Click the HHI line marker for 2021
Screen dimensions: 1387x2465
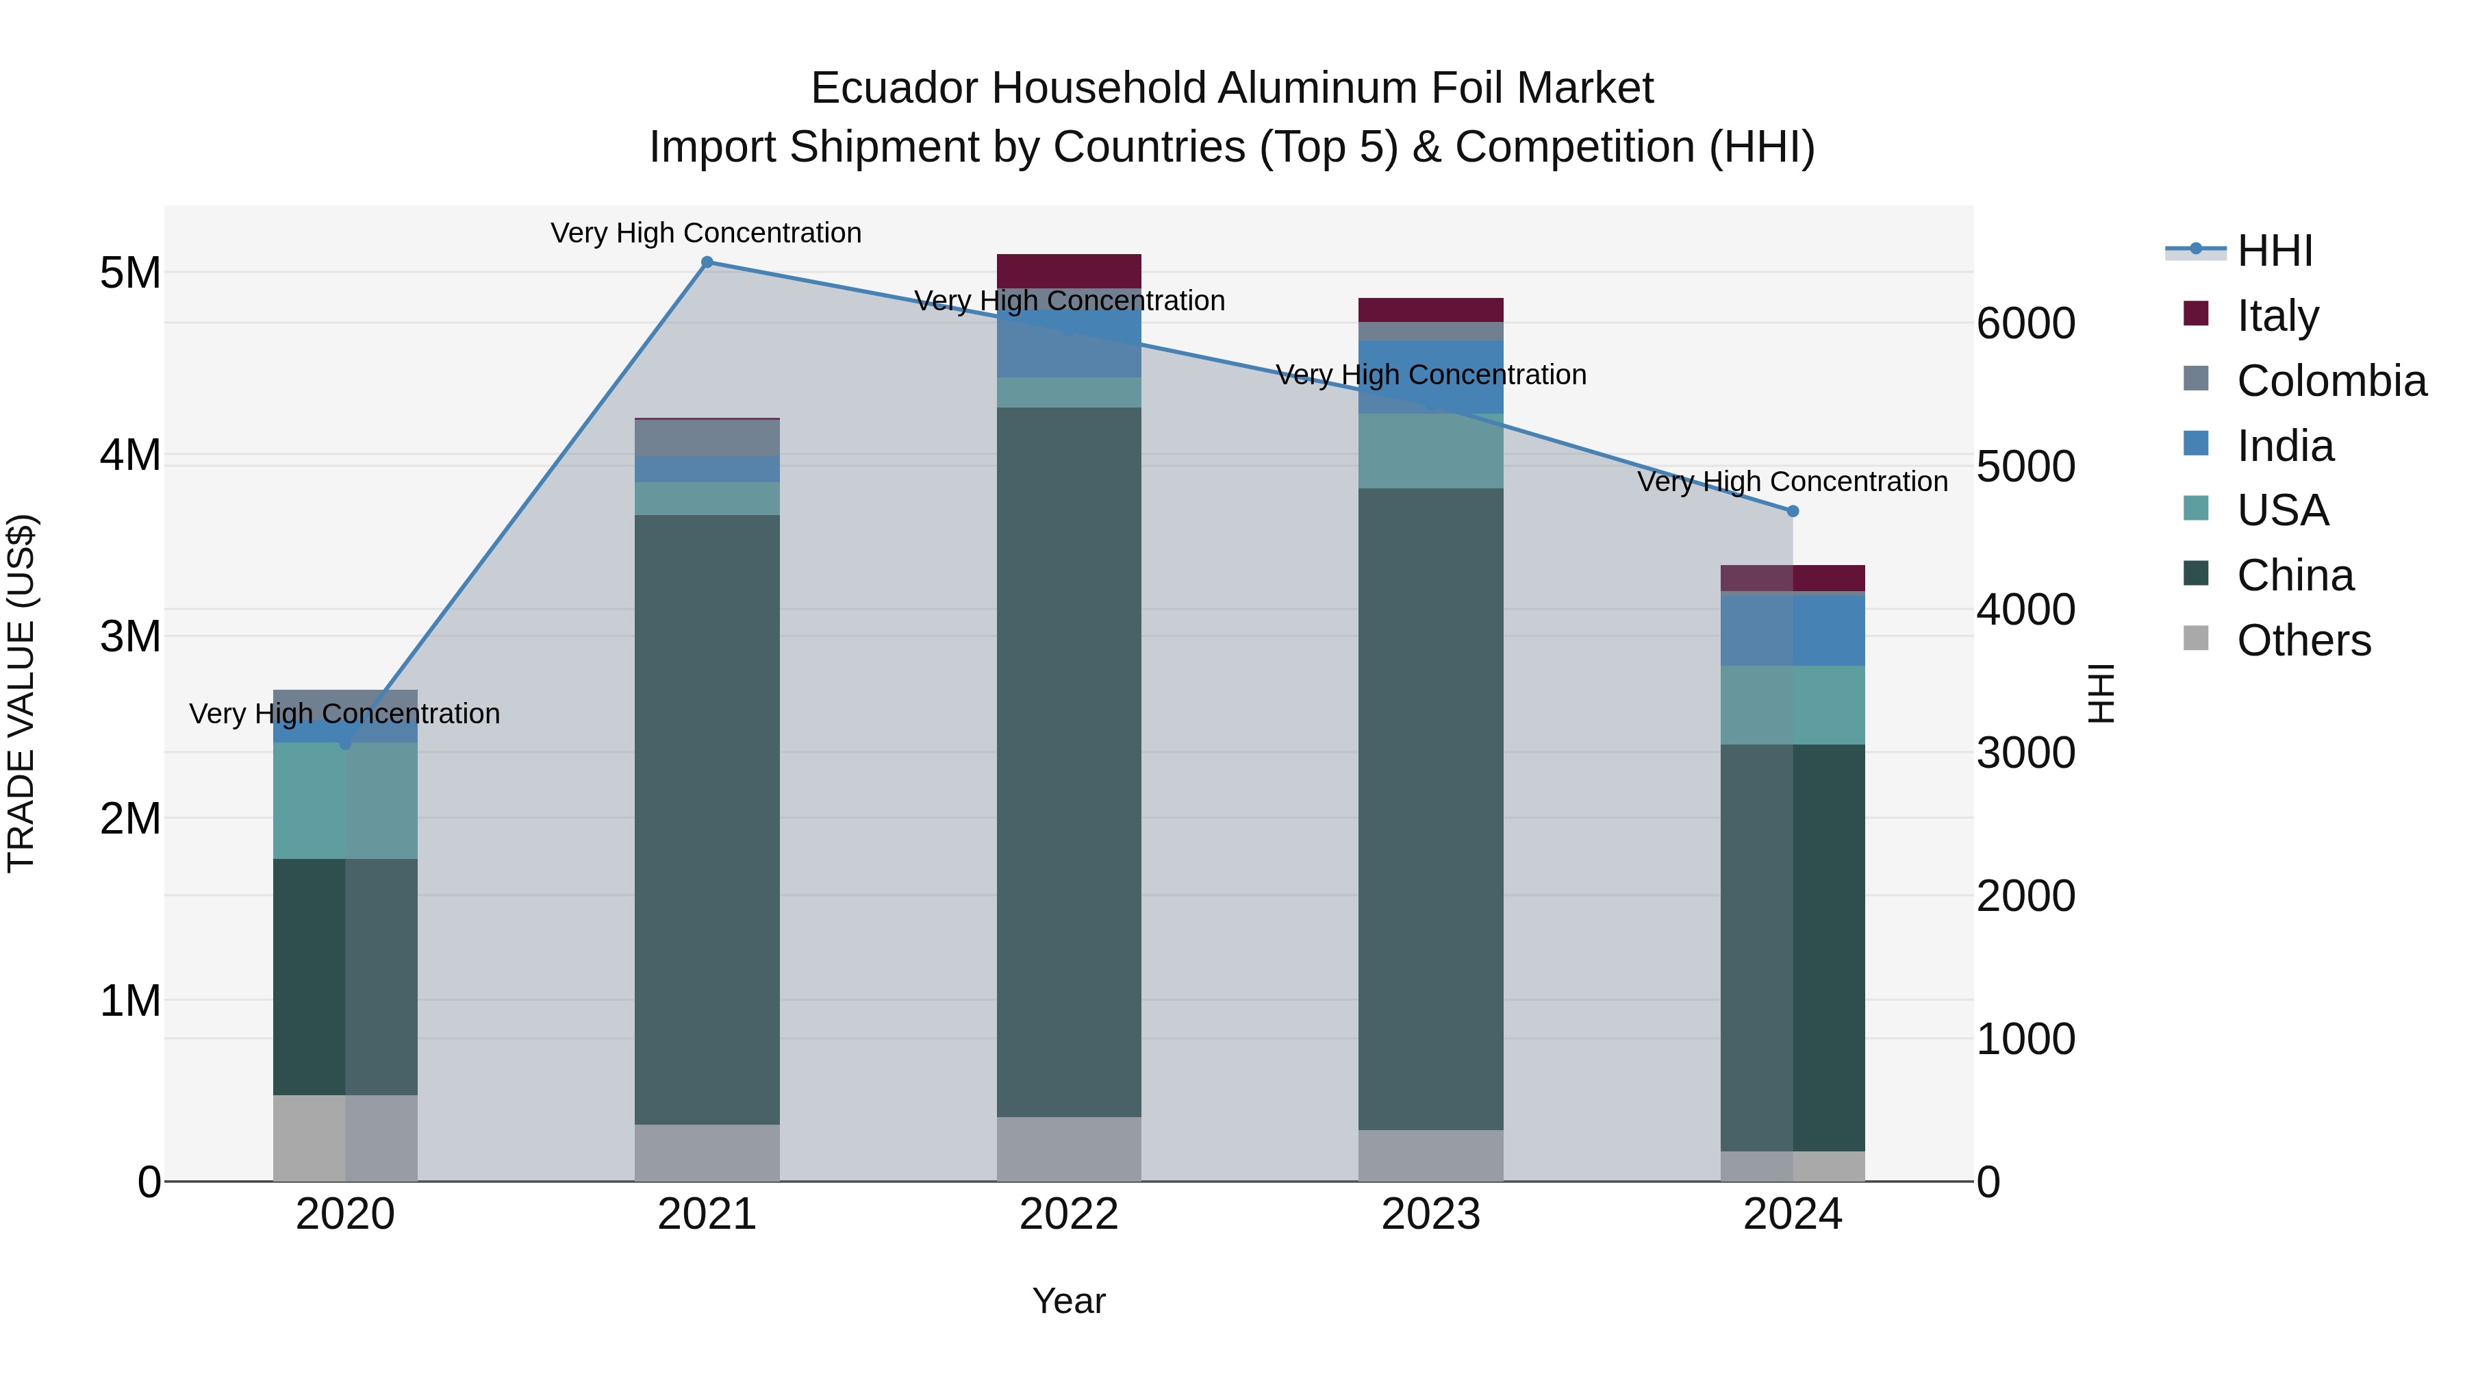[707, 262]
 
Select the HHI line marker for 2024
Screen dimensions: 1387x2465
[1793, 511]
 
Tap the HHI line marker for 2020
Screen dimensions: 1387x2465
[346, 744]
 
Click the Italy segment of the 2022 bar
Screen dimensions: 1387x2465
[1069, 271]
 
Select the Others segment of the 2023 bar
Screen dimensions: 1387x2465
[1430, 1155]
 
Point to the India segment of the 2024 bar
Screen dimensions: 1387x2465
[1793, 630]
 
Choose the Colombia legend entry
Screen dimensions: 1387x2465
[2331, 381]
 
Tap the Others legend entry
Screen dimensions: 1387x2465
[2303, 640]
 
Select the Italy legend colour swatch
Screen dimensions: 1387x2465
[2196, 314]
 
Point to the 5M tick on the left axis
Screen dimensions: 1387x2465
[130, 273]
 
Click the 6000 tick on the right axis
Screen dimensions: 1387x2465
[2026, 323]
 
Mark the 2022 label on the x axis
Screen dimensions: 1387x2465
[1069, 1214]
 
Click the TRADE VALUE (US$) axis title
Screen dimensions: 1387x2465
[21, 693]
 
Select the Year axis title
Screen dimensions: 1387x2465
[1069, 1301]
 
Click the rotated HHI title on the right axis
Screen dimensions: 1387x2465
[2101, 693]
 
